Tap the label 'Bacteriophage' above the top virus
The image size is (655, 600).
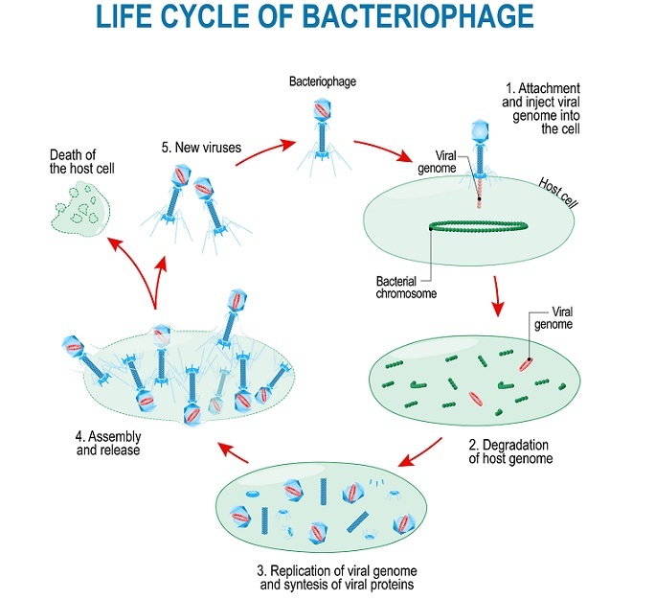(x=322, y=82)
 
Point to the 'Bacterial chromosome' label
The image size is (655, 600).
(x=406, y=288)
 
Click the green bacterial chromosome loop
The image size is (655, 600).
(x=477, y=228)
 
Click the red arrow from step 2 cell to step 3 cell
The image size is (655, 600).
(x=421, y=450)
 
